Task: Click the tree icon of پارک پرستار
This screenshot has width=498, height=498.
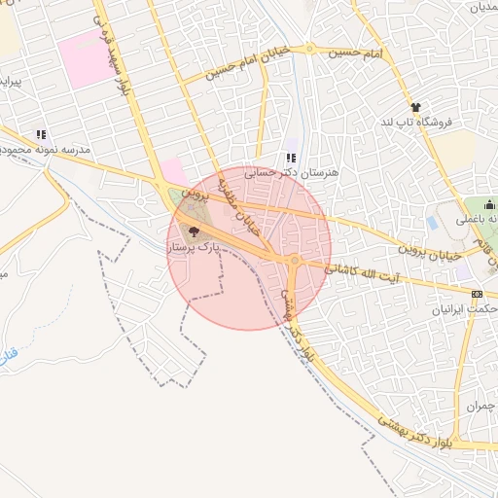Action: pos(193,231)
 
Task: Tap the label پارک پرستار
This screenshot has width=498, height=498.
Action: pos(192,249)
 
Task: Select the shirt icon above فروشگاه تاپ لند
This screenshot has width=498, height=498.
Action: pos(416,107)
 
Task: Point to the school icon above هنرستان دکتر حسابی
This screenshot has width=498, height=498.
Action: pos(290,157)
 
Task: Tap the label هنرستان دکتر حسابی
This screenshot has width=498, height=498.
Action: pos(291,172)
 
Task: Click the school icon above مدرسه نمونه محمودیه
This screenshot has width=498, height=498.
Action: pos(41,134)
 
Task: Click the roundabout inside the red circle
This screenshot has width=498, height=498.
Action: pos(294,260)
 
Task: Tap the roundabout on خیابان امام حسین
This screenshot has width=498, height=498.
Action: pos(309,48)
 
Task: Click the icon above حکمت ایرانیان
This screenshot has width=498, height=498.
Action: pos(476,293)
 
